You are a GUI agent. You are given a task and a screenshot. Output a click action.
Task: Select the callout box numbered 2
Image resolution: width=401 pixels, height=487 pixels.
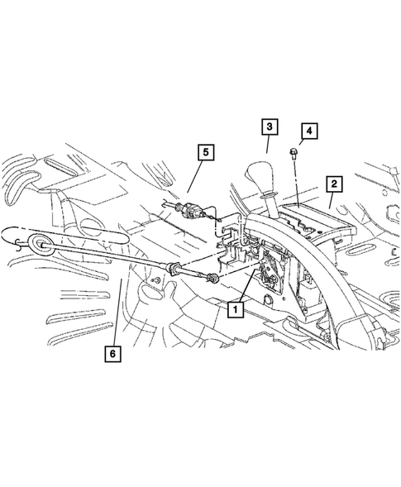[334, 183]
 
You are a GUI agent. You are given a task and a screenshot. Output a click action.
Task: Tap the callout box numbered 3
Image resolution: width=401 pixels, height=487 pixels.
[270, 127]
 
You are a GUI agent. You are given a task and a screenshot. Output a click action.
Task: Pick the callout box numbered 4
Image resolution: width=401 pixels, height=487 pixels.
[308, 131]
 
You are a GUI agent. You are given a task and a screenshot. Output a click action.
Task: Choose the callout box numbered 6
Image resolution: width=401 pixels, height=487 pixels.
[112, 354]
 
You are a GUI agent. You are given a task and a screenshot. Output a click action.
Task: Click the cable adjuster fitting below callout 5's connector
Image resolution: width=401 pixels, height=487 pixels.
[175, 267]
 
